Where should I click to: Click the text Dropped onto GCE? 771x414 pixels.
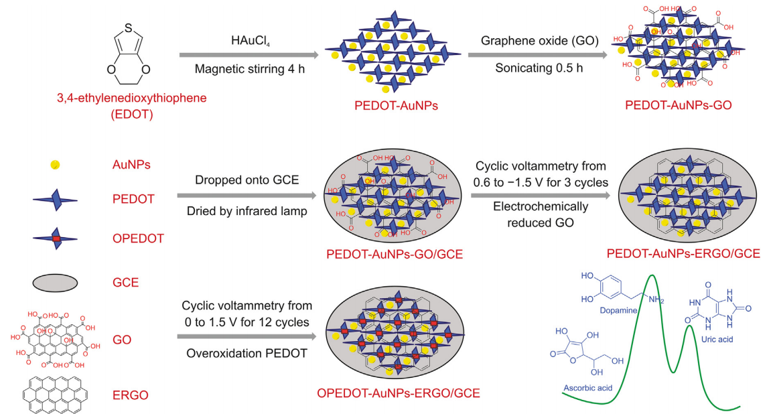click(x=246, y=180)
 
